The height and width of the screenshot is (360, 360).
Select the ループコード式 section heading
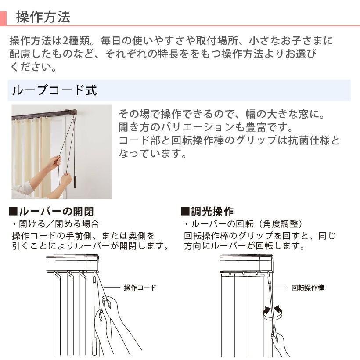(x=54, y=90)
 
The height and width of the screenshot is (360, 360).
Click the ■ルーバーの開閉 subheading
(x=51, y=212)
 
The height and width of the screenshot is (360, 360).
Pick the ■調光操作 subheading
(x=207, y=212)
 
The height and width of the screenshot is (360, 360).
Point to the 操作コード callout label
(x=140, y=288)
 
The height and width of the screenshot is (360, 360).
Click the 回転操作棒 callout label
(x=308, y=288)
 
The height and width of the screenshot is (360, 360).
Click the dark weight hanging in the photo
(x=75, y=181)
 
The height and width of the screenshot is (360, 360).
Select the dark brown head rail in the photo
(x=44, y=115)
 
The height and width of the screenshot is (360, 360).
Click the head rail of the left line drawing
(x=72, y=263)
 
